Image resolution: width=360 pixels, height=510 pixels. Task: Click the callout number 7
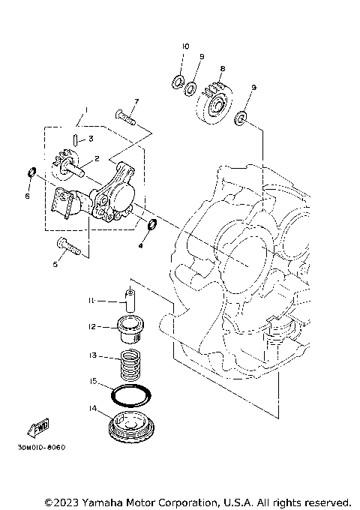[x=136, y=101]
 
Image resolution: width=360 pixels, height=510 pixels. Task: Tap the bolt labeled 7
[x=125, y=115]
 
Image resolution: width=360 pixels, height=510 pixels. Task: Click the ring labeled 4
[x=150, y=225]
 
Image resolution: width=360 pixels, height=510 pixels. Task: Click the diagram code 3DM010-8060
[x=39, y=448]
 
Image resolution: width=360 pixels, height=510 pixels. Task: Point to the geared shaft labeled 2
[x=75, y=163]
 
